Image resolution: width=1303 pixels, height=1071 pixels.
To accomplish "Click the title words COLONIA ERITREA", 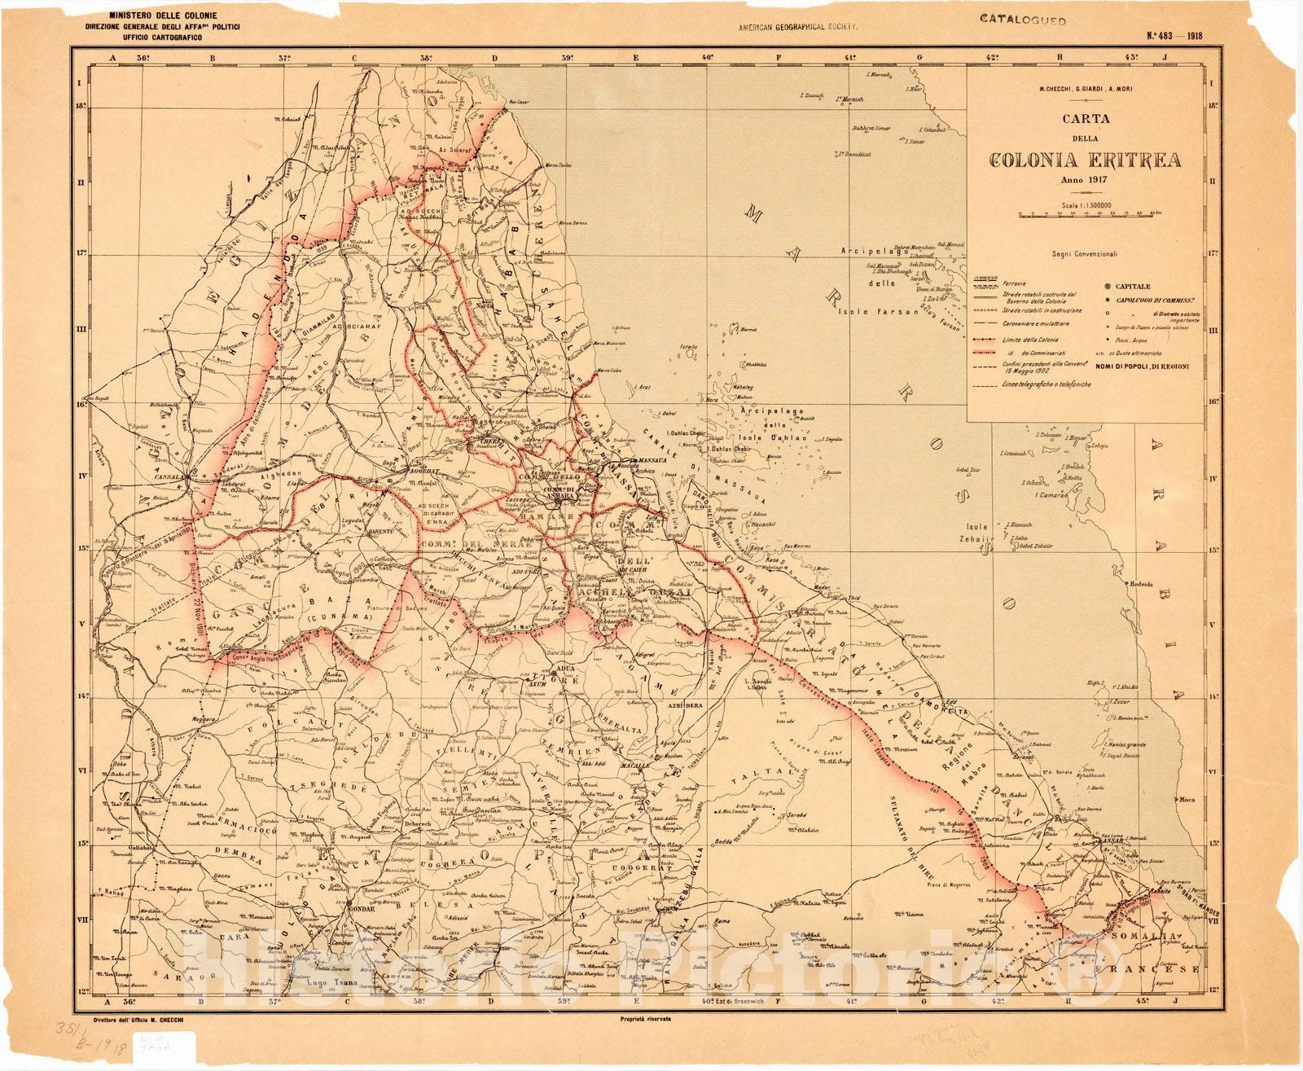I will point(1085,160).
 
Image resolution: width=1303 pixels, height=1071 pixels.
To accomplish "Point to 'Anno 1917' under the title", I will point(1085,180).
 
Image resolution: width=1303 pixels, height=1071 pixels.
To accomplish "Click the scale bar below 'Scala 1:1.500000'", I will point(1085,216).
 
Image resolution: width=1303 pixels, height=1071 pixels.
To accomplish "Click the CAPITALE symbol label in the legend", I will point(1133,287).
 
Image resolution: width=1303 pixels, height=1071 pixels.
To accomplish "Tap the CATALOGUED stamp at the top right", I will point(1022,19).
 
